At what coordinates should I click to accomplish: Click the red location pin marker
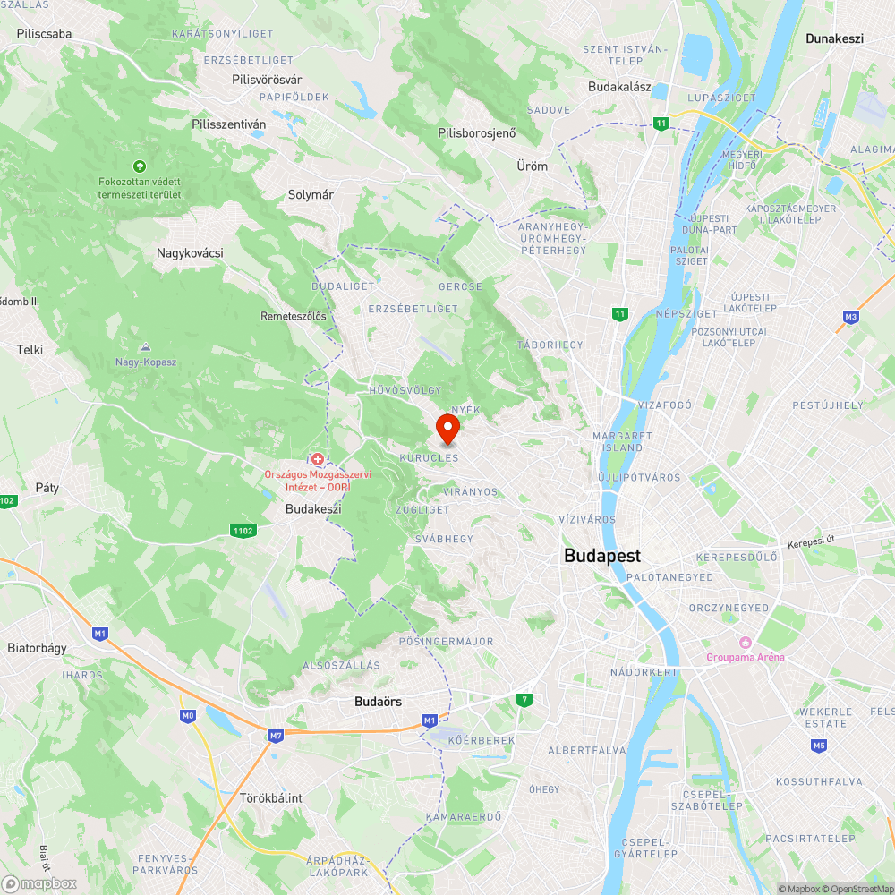point(447,428)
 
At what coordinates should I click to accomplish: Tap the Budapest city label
point(602,556)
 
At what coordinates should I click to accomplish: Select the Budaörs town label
point(379,702)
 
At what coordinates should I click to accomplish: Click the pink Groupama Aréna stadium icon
point(744,643)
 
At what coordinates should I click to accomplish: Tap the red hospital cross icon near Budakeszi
point(317,459)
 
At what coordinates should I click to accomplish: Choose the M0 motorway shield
point(188,715)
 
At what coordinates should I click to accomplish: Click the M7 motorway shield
point(275,735)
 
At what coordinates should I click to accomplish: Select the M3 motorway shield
point(850,317)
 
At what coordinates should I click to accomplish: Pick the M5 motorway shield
point(819,745)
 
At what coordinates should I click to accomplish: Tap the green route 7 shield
point(524,699)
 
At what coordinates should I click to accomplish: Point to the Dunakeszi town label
point(834,38)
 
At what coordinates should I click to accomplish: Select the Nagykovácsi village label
point(190,253)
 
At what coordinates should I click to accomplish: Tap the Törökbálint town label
point(271,797)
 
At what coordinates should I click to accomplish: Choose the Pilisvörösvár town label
point(266,80)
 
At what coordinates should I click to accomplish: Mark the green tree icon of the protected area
point(139,166)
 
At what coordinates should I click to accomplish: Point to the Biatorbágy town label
point(37,648)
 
